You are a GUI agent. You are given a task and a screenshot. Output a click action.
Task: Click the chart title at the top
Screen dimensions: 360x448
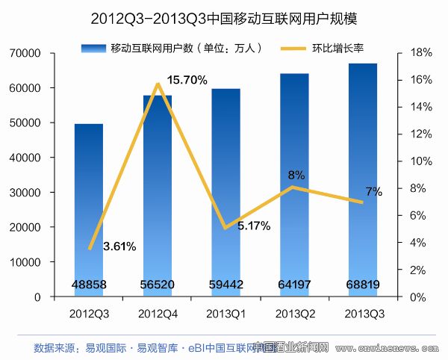click(223, 16)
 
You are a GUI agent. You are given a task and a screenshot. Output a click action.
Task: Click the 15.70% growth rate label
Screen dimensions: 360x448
click(187, 80)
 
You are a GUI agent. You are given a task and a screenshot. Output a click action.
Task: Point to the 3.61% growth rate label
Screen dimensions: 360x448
click(119, 246)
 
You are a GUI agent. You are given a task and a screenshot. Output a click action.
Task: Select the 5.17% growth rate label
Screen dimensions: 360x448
click(254, 225)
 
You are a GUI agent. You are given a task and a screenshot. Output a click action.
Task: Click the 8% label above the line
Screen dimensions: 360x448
click(296, 175)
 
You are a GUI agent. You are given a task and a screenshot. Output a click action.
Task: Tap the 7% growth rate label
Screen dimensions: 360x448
click(373, 192)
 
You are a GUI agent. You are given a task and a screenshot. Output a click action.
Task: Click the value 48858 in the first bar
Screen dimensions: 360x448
click(90, 285)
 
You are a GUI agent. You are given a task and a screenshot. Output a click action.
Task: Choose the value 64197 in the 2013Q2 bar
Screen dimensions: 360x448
click(294, 285)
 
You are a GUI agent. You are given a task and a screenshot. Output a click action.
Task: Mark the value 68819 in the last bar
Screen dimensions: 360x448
click(363, 285)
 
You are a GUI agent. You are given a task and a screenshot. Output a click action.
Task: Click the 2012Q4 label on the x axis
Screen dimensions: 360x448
click(157, 311)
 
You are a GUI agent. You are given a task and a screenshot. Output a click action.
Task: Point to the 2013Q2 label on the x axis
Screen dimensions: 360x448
click(294, 311)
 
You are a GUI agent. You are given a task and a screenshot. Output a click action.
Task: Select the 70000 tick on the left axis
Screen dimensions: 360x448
click(25, 53)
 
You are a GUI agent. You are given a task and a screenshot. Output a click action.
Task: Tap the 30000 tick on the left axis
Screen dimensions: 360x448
click(25, 193)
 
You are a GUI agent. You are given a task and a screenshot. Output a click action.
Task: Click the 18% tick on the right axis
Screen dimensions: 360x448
click(417, 53)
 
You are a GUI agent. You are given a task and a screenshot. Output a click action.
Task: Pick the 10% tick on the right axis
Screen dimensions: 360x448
click(417, 161)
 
